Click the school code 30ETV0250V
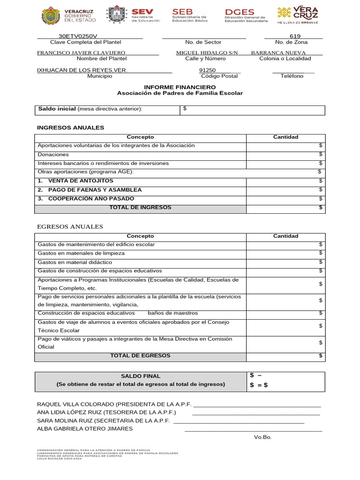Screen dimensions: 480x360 tap(78, 36)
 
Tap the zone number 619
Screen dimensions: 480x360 tap(295, 36)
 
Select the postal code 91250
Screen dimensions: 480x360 tap(208, 70)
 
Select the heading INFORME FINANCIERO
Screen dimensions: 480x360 tap(180, 87)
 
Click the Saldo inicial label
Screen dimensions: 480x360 tap(57, 109)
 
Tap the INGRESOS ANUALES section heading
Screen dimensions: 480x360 tap(70, 127)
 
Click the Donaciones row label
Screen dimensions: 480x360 tap(53, 154)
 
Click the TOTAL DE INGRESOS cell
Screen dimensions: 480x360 tap(140, 208)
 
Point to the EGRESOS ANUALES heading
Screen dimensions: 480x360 tap(70, 227)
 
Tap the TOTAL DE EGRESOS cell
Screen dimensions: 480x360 tap(140, 356)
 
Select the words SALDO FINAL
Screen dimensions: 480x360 tap(141, 376)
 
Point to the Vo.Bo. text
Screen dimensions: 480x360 tap(262, 437)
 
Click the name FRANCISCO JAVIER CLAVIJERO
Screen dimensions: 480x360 tap(81, 53)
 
